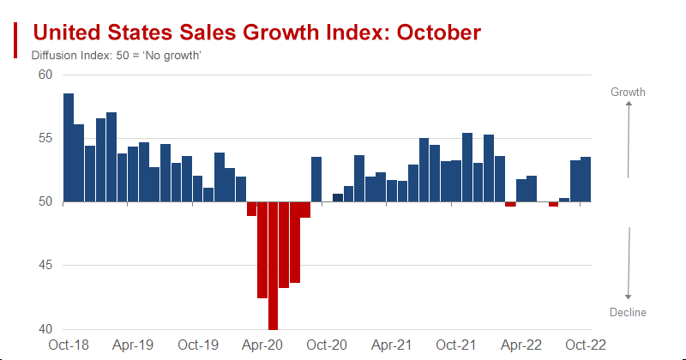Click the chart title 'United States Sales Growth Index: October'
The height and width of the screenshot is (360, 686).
pos(256,33)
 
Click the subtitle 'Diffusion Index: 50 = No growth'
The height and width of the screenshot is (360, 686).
pos(116,56)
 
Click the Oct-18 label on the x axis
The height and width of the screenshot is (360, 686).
pos(69,345)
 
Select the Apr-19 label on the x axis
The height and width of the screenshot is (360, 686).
pos(134,345)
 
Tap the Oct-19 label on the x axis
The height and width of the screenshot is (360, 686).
pos(198,345)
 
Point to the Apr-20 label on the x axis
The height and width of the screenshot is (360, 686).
pos(262,345)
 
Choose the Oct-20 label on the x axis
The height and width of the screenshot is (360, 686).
pos(327,345)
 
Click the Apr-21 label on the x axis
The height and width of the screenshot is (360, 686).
pos(392,345)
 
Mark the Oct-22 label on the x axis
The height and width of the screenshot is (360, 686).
pos(586,345)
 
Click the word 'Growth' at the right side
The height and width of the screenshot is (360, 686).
pos(628,92)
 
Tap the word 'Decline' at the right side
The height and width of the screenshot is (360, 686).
pos(629,312)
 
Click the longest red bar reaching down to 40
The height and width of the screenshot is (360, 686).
pos(273,266)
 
